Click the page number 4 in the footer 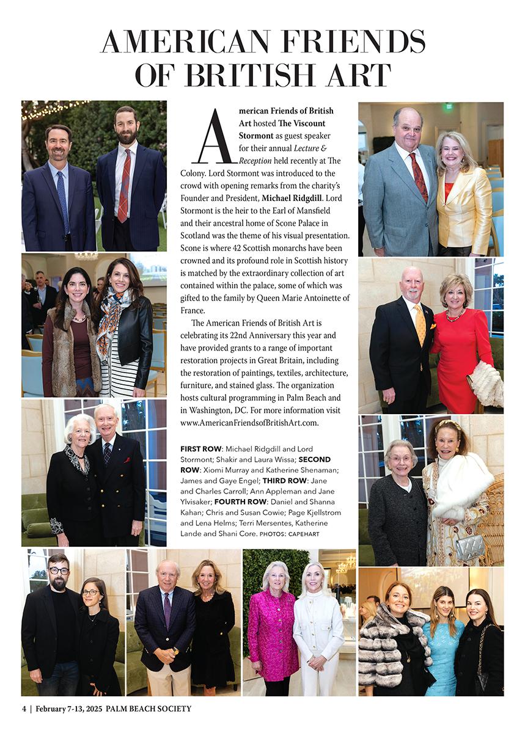(x=24, y=709)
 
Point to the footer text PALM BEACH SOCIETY (x=149, y=709)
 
